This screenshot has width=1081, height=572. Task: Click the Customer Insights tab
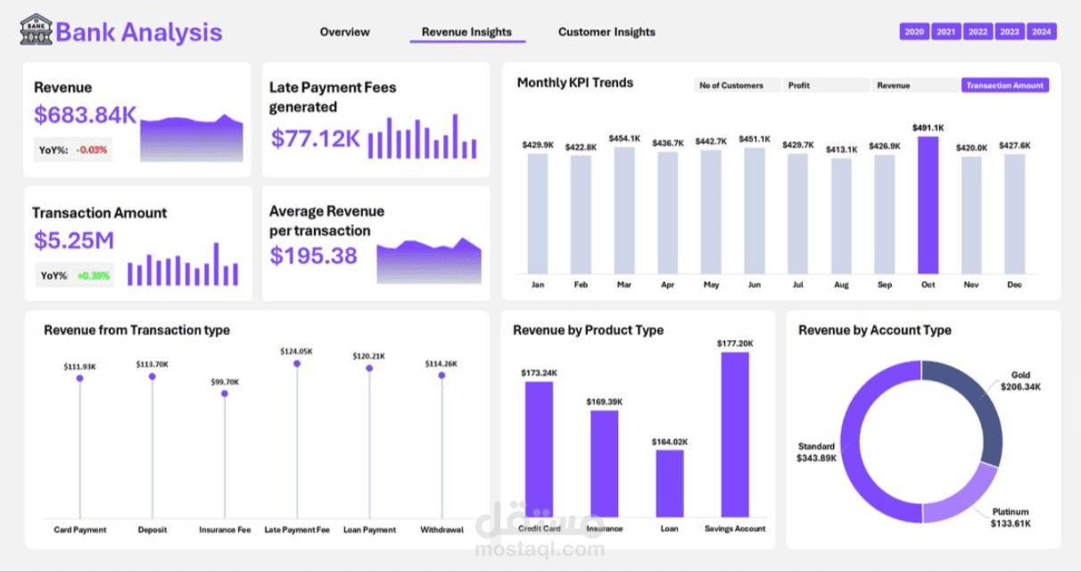(x=607, y=32)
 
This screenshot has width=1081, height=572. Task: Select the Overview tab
(x=344, y=32)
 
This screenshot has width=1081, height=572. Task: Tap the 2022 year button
(x=978, y=32)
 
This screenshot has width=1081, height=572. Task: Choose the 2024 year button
(x=1041, y=32)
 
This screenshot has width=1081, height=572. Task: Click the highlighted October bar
(x=928, y=205)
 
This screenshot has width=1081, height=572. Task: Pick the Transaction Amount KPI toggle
(x=1004, y=86)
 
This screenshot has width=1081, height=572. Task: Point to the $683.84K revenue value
(x=86, y=115)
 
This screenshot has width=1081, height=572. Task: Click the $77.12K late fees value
(x=316, y=139)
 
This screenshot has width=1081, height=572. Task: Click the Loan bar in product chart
(x=670, y=483)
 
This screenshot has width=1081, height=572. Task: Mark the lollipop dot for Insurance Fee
(x=225, y=394)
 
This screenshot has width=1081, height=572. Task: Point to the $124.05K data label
(x=296, y=352)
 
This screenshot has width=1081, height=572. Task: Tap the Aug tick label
(x=841, y=285)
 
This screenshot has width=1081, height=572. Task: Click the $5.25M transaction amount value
(x=74, y=241)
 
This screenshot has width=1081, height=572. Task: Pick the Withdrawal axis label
(x=441, y=530)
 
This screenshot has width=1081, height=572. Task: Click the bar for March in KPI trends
(x=624, y=211)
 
